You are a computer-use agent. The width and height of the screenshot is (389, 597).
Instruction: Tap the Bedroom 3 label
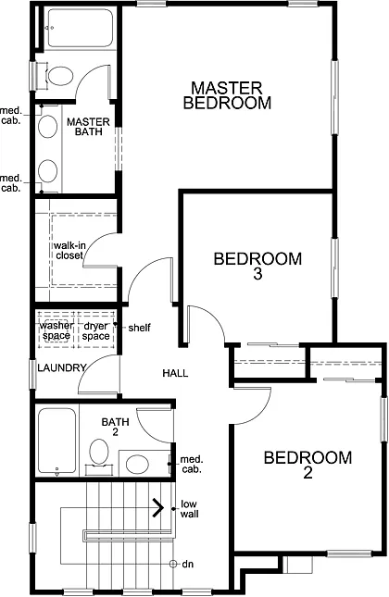tap(257, 266)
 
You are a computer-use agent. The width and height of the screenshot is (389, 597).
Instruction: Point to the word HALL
tap(175, 373)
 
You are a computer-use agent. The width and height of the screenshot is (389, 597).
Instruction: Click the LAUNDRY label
tap(62, 368)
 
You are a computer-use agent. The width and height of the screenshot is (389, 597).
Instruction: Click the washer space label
tap(56, 330)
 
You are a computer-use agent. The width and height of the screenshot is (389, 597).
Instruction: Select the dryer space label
tap(96, 330)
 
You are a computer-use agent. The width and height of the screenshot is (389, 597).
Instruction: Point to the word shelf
tap(140, 328)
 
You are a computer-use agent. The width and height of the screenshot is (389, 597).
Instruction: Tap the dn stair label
tap(188, 564)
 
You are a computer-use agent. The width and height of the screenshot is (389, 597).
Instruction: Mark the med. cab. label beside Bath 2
tap(192, 465)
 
